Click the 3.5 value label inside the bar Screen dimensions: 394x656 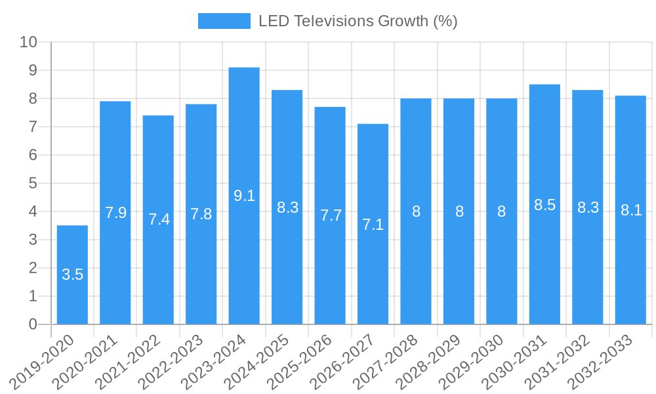[72, 274]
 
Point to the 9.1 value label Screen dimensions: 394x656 [244, 196]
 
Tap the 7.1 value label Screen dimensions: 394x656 [373, 225]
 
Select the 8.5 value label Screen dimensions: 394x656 [544, 205]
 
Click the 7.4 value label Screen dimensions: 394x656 [159, 219]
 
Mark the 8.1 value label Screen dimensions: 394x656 [631, 210]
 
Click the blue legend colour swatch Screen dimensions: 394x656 [224, 21]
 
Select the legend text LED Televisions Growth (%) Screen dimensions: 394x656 [358, 21]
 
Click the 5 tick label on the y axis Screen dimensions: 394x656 [33, 183]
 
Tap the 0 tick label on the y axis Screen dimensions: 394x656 [33, 324]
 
